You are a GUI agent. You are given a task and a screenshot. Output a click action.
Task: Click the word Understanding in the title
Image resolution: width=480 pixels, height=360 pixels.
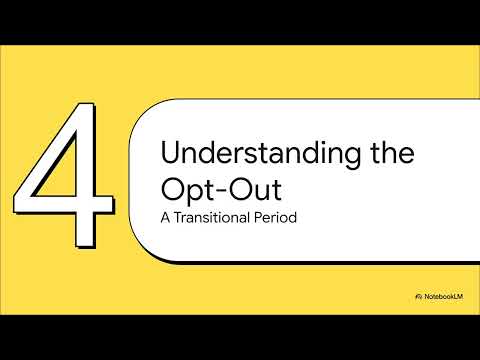245,155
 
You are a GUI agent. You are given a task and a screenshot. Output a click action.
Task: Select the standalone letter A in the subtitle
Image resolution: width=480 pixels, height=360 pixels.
166,217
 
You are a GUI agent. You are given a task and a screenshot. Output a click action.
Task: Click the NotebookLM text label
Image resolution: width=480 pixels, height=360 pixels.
446,297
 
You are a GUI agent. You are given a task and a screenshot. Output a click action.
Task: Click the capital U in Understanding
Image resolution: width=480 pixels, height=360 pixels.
170,155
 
